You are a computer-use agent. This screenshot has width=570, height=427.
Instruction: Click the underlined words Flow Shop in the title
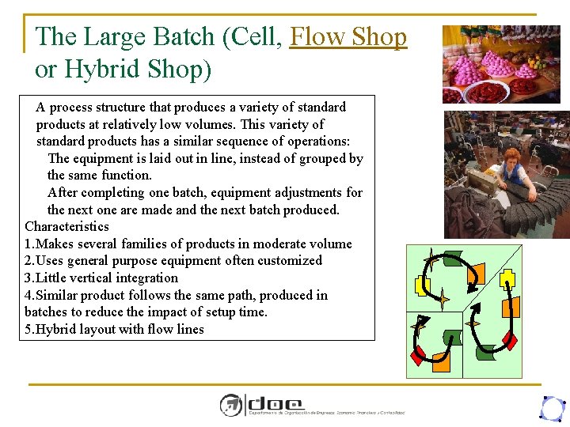348,37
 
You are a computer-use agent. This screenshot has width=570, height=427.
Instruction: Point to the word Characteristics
66,227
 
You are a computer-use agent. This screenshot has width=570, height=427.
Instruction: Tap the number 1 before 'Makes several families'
28,244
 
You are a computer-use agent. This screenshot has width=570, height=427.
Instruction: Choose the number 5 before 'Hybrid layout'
28,330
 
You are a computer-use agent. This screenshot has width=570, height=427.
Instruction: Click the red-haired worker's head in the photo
511,156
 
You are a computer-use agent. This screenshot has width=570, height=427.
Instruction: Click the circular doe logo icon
230,405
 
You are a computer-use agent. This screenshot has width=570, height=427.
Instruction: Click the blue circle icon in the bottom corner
551,408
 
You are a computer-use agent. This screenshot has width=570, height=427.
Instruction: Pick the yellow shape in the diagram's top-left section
420,286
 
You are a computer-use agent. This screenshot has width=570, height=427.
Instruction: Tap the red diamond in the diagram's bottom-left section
420,354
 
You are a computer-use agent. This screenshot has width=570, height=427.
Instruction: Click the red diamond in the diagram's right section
511,341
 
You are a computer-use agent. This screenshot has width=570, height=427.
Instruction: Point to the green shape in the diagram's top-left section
452,258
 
